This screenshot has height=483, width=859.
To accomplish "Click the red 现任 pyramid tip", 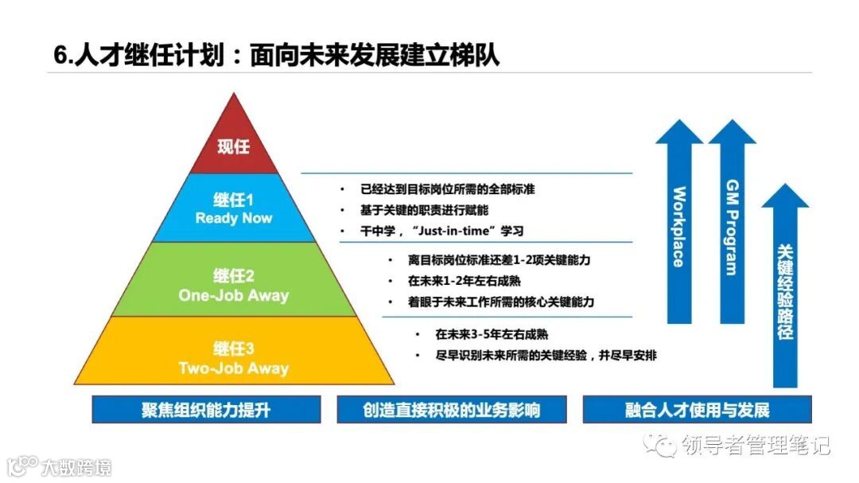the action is tap(234, 143).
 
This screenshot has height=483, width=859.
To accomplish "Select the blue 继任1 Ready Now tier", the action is tap(234, 208).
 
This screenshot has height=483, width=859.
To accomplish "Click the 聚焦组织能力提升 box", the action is tap(206, 411).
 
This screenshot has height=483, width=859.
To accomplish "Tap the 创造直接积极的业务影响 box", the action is tap(452, 411).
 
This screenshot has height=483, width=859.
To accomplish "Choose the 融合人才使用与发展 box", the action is tap(697, 411).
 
